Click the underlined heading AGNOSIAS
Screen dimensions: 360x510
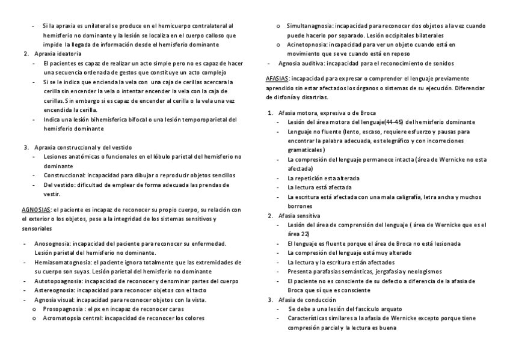point(35,210)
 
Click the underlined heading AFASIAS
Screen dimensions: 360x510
point(277,79)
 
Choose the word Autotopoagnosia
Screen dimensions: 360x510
point(57,281)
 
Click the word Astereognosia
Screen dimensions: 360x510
point(55,290)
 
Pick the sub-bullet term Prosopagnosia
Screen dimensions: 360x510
point(63,308)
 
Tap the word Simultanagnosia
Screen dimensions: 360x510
point(309,26)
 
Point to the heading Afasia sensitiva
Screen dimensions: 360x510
point(300,215)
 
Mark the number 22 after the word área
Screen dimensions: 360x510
point(305,234)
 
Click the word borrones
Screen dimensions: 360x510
point(301,206)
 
